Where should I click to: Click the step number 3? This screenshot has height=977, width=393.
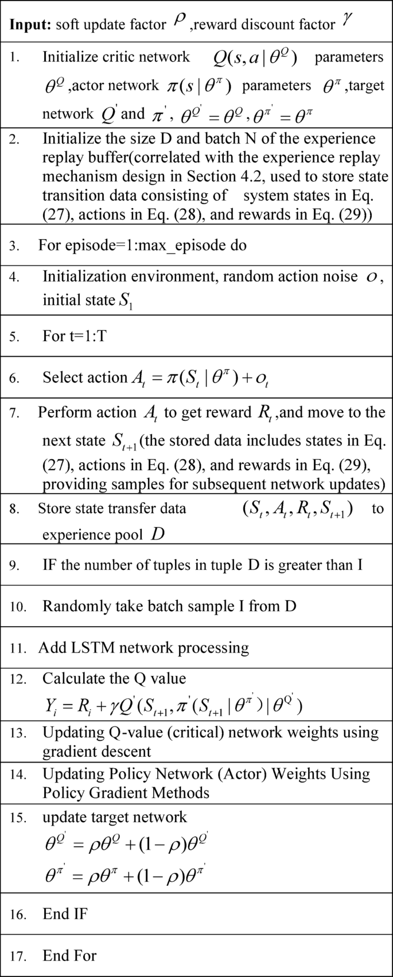point(14,246)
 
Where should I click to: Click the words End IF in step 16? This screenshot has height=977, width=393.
point(65,914)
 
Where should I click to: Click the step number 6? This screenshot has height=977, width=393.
point(14,378)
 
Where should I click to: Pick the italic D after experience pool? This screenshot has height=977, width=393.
point(158,535)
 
